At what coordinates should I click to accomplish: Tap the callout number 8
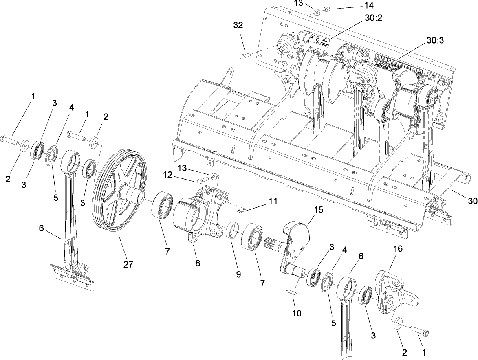click(x=198, y=263)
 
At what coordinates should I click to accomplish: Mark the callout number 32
click(x=238, y=25)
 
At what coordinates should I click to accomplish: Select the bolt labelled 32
click(x=244, y=55)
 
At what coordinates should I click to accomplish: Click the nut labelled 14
click(x=326, y=9)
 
